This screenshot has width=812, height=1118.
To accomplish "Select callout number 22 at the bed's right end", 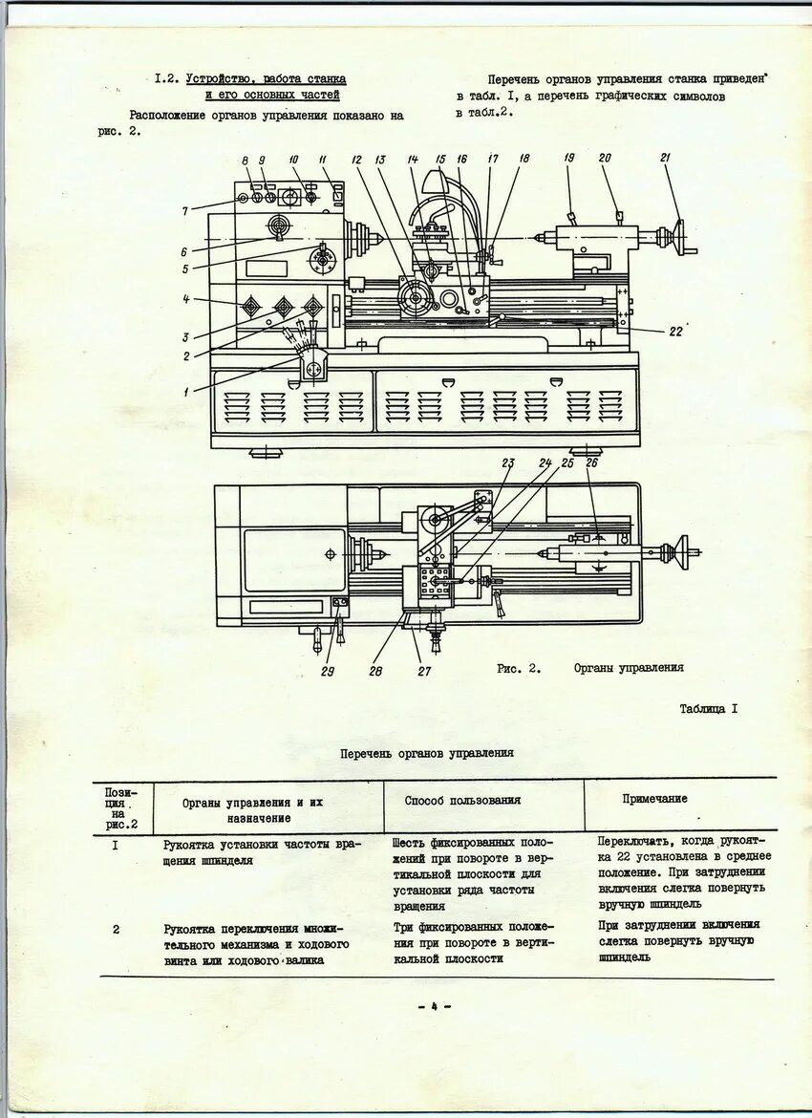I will click(x=675, y=332).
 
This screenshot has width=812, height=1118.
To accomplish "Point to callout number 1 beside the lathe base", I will click(x=187, y=389).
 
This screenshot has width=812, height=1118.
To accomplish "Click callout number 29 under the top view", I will click(x=328, y=671).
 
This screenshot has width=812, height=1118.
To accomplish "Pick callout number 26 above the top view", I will click(x=591, y=463).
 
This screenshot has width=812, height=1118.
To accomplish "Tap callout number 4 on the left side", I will click(x=187, y=300).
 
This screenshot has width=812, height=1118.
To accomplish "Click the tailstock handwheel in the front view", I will click(x=681, y=237).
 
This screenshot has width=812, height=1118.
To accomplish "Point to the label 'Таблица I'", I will click(x=708, y=709).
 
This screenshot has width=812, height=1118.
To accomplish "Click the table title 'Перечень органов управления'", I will click(x=427, y=753).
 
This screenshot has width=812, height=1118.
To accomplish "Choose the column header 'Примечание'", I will click(x=654, y=799).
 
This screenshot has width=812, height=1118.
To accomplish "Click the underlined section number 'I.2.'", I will click(x=167, y=78).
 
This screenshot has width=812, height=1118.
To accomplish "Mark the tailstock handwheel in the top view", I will click(x=681, y=551).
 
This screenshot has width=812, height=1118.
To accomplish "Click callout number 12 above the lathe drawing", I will click(x=355, y=160).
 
